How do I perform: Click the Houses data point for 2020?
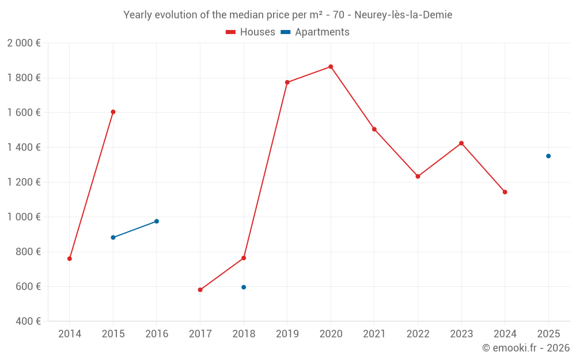click(331, 67)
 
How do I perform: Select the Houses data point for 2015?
click(113, 112)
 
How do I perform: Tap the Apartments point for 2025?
click(548, 156)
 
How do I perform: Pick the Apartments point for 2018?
click(244, 287)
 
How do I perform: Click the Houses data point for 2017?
click(200, 290)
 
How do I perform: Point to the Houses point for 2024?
click(505, 192)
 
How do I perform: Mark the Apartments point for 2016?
click(157, 221)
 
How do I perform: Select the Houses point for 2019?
click(287, 82)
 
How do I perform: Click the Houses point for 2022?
click(418, 176)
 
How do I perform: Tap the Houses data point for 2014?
click(70, 259)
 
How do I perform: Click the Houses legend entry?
click(251, 32)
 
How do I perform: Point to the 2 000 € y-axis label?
click(24, 43)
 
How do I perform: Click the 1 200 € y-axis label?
click(24, 183)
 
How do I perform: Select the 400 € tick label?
click(28, 321)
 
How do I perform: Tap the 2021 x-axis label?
click(374, 334)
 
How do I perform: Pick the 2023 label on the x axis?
click(461, 334)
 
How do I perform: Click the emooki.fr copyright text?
click(526, 348)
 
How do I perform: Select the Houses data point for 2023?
click(461, 143)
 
